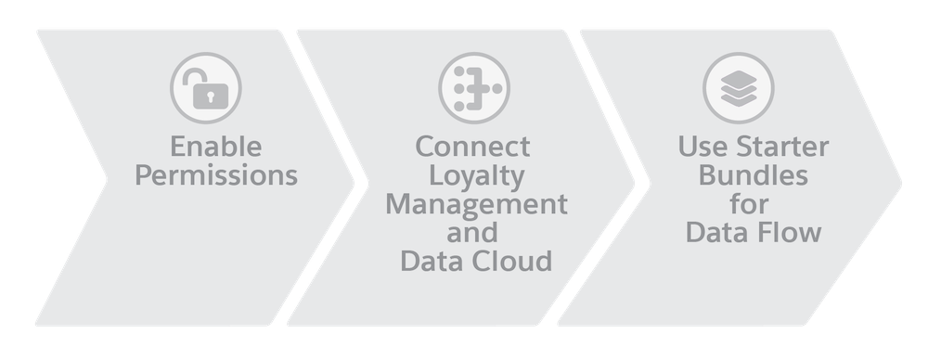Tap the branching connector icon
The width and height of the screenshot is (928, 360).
pos(474,88)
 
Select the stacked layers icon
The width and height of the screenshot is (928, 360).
pos(739,88)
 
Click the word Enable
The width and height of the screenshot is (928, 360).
pos(216,147)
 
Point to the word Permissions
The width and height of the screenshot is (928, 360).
pos(216,175)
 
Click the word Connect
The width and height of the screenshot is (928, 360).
pos(473,147)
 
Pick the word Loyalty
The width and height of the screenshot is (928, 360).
pos(476,176)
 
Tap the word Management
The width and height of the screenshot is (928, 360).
pos(476,205)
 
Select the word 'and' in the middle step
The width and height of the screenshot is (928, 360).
pos(472,232)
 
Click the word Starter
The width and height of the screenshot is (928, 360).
pos(782,147)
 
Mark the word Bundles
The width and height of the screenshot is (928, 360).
pos(754,175)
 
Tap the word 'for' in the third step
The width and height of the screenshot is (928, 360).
pos(749,204)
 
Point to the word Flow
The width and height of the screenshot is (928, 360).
pos(792,232)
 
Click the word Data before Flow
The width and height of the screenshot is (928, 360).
pos(720,233)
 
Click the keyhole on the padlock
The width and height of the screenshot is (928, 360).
pos(210,96)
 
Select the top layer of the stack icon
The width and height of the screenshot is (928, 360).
pos(739,79)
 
